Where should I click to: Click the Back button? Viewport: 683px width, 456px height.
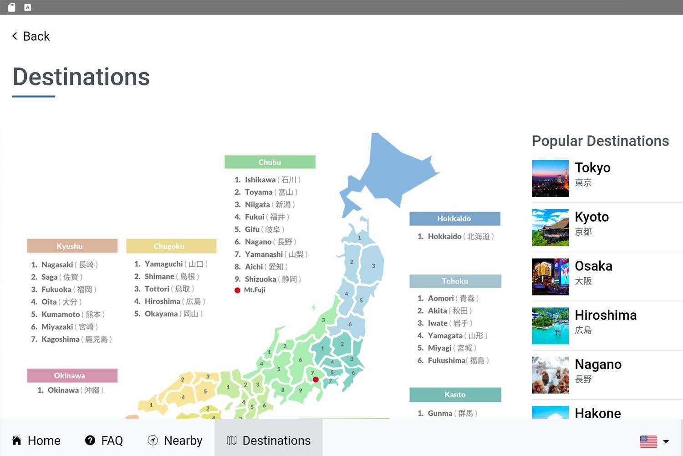[31, 36]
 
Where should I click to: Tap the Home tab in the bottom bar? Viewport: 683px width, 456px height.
[36, 440]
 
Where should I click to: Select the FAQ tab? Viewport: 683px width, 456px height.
[104, 440]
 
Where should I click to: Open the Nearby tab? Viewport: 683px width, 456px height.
[175, 440]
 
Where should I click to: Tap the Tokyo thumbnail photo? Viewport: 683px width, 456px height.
[550, 178]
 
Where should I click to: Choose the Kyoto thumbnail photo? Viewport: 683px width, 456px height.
[550, 228]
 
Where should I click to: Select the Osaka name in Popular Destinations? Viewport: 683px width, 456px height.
[593, 266]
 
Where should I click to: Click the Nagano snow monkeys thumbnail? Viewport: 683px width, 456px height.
[550, 375]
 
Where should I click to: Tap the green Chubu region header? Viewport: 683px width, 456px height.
[270, 162]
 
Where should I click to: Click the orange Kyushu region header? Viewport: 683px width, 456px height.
[72, 246]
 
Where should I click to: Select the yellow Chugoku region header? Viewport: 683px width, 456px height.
[171, 246]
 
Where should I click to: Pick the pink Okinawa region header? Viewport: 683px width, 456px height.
[72, 375]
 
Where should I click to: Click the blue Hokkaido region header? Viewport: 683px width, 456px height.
[455, 219]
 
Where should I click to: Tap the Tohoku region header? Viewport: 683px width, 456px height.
[455, 281]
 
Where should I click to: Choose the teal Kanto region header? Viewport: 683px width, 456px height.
[455, 394]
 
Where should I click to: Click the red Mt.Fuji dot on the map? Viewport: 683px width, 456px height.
[316, 379]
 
